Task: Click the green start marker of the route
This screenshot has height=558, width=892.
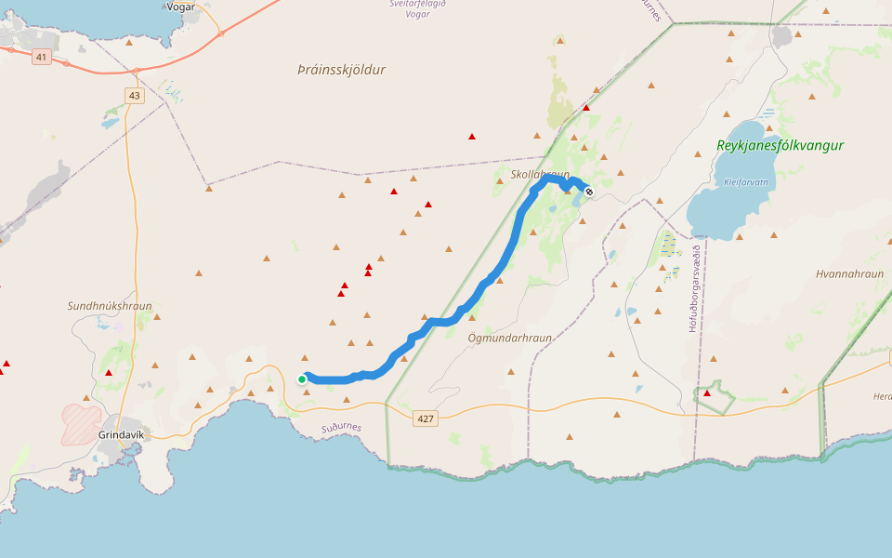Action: (x=302, y=379)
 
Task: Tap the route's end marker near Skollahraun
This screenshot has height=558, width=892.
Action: (x=588, y=192)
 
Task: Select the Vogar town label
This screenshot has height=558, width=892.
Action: (x=180, y=7)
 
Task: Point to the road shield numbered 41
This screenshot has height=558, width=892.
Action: (x=40, y=57)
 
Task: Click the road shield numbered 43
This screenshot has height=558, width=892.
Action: (x=136, y=96)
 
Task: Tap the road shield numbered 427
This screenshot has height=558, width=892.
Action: (x=426, y=419)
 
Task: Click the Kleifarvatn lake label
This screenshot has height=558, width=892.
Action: (x=746, y=182)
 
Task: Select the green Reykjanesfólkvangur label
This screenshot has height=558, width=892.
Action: (x=780, y=145)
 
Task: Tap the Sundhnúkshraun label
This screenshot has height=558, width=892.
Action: (x=110, y=305)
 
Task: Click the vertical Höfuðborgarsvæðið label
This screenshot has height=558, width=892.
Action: (x=693, y=288)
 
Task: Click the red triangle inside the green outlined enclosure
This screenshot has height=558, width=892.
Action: (x=707, y=393)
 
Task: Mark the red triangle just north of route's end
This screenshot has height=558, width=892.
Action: (x=586, y=108)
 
